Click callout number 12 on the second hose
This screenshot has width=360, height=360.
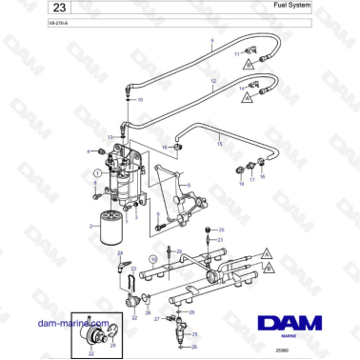pyautogui.click(x=212, y=84)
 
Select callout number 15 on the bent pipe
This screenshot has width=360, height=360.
pyautogui.click(x=220, y=144)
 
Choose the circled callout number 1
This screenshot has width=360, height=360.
pyautogui.click(x=97, y=173)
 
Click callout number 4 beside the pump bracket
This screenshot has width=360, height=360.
pyautogui.click(x=89, y=151)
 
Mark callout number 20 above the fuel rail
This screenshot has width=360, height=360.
pyautogui.click(x=221, y=230)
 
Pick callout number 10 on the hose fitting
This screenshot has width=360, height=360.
pyautogui.click(x=141, y=99)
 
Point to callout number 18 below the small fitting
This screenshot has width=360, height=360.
pyautogui.click(x=241, y=181)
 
